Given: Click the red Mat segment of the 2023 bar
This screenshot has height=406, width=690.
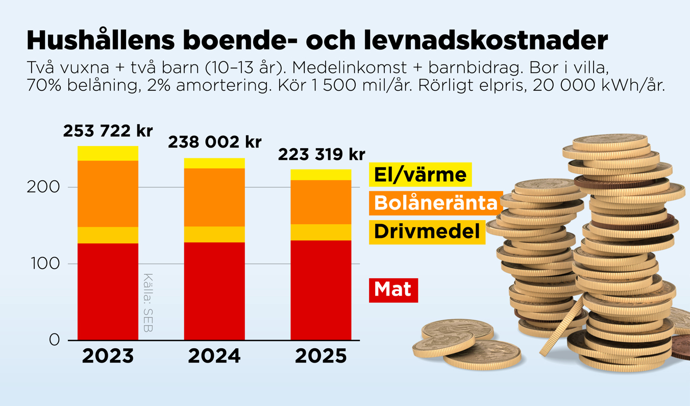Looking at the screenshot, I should click(108, 291).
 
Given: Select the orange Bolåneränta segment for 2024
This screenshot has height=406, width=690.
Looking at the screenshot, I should click(214, 197).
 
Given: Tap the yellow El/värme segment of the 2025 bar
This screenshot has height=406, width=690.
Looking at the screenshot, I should click(321, 175).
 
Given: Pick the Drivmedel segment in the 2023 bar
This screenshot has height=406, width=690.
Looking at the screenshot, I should click(108, 235).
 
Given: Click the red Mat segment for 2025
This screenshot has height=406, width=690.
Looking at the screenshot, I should click(321, 290).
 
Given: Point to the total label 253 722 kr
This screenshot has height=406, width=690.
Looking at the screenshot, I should click(108, 131).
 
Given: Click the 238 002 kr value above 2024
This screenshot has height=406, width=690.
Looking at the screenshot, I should click(214, 142).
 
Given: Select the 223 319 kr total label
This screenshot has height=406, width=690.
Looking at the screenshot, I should click(322, 154).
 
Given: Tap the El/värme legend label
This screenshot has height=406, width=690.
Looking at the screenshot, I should click(420, 175).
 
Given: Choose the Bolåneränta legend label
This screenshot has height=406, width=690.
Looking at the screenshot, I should click(435, 203).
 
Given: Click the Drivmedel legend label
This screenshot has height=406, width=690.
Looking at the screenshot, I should click(427, 232).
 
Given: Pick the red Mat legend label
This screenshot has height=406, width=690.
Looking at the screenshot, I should click(393, 290).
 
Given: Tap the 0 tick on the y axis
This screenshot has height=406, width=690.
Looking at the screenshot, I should click(54, 340).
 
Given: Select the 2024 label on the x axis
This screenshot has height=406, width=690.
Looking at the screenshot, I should click(214, 356).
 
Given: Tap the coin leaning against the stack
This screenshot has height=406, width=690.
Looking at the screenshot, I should click(561, 327).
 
